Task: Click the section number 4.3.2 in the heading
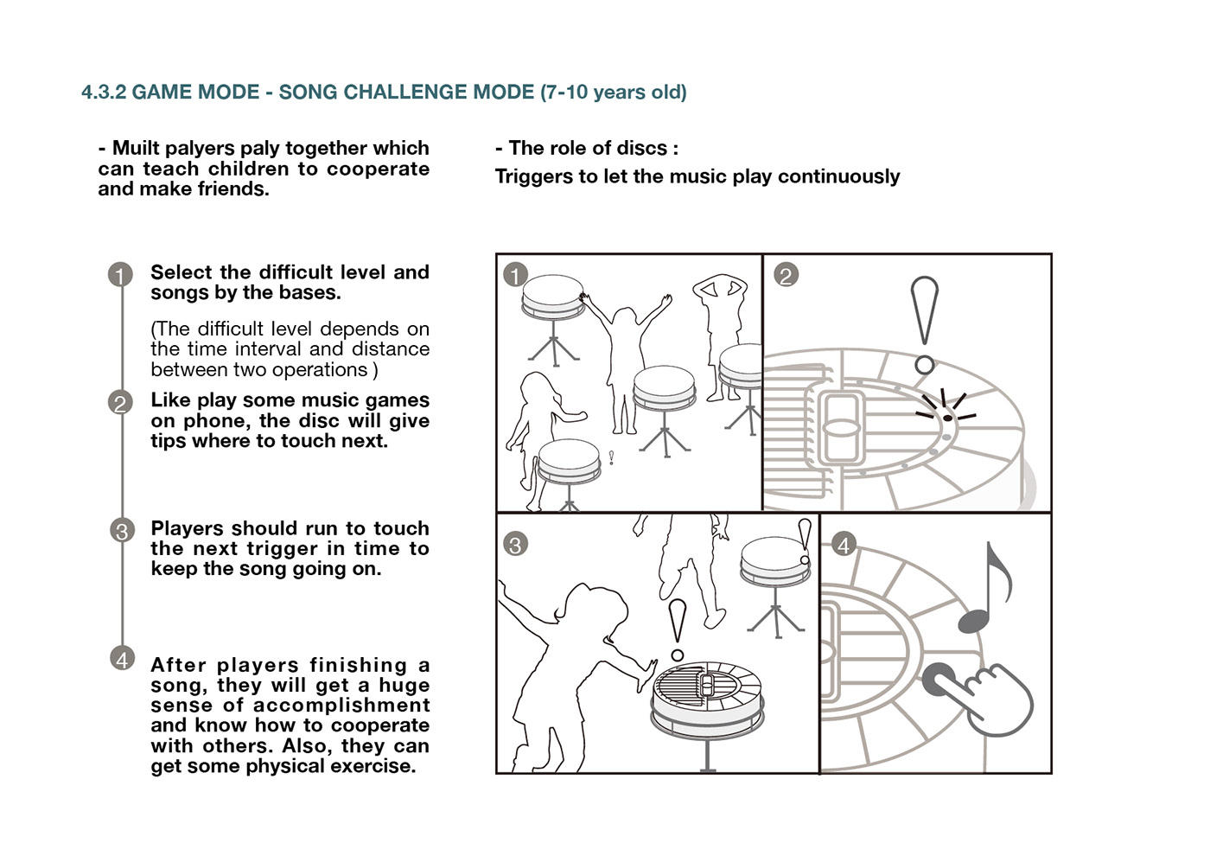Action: tap(103, 93)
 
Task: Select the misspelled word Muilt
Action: tap(136, 148)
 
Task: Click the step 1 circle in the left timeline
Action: tap(120, 275)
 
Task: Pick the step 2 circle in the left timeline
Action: tap(120, 403)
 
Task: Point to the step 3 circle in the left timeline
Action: tap(122, 531)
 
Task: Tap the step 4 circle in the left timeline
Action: tap(122, 659)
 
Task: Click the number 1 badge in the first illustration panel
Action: tap(515, 275)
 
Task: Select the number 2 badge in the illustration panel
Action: tap(786, 275)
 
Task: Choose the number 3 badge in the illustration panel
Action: tap(515, 544)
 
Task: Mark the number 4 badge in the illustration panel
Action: tap(844, 545)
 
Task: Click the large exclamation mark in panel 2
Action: tap(924, 325)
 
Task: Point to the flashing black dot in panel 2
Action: tap(947, 418)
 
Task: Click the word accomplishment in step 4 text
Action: tap(341, 706)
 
